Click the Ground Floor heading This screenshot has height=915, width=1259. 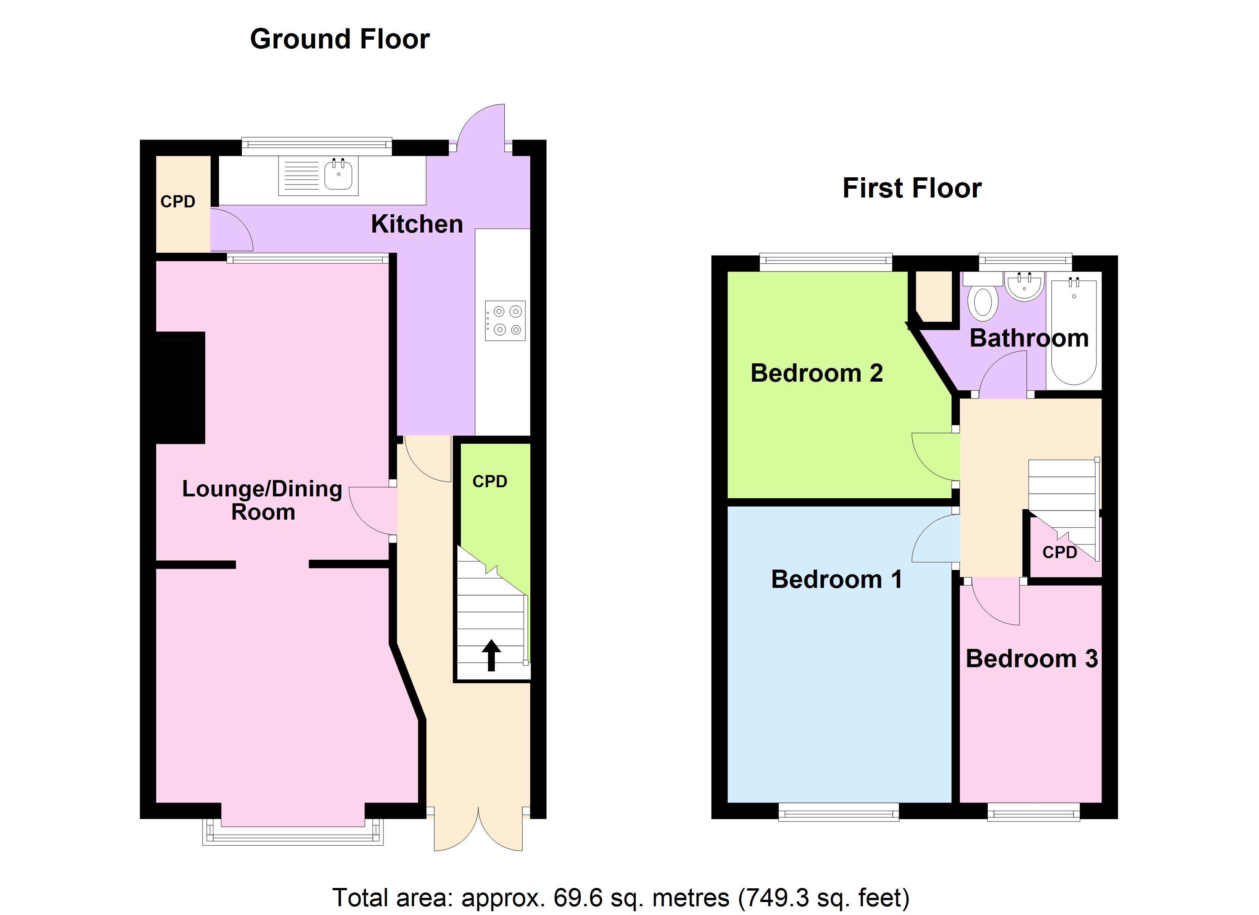click(340, 39)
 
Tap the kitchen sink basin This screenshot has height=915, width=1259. click(338, 174)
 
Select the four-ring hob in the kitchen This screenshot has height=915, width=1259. click(505, 321)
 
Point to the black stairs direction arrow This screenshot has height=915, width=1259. click(491, 655)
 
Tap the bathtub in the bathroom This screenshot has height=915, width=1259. click(1073, 332)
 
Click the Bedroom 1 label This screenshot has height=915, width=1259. click(836, 579)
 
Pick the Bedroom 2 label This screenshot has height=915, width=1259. click(816, 373)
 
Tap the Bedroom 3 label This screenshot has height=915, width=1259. click(1031, 659)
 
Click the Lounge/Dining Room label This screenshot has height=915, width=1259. click(262, 500)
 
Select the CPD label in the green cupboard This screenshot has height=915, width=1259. click(489, 481)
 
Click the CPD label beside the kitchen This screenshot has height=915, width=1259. click(178, 201)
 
